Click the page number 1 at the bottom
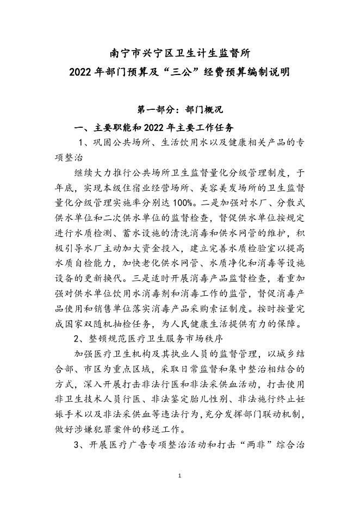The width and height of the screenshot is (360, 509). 180,476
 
